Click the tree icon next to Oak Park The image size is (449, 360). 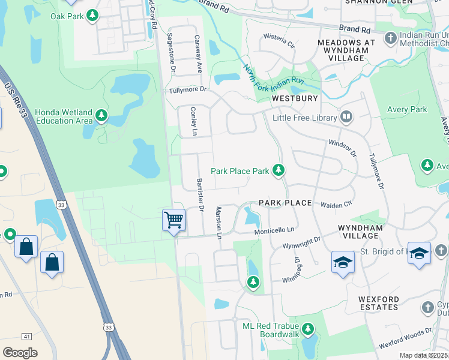tap(92, 16)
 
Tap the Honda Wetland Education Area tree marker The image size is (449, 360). tap(101, 115)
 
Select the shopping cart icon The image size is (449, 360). tap(173, 220)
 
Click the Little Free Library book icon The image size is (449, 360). tap(346, 118)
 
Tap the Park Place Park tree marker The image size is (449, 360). tap(278, 171)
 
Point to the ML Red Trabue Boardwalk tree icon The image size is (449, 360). tap(307, 329)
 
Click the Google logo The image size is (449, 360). tap(20, 353)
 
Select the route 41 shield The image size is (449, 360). tap(27, 337)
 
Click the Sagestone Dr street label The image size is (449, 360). tap(171, 53)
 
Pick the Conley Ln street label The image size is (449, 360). tap(193, 122)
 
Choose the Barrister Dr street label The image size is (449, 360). tap(201, 195)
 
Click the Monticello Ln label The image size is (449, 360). tap(275, 229)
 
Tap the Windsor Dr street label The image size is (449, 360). tap(343, 148)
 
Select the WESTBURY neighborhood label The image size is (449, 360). tap(294, 98)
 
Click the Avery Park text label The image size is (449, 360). tap(408, 109)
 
